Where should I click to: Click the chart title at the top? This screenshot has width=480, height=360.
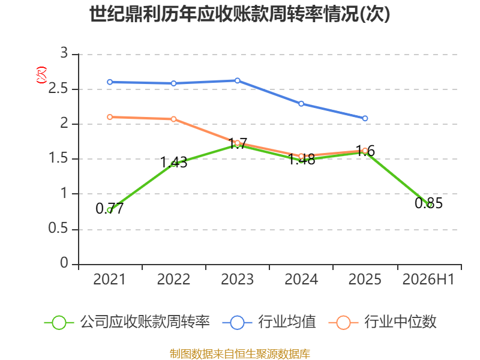239,14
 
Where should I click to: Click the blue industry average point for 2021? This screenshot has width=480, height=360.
110,82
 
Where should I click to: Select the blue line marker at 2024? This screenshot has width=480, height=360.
301,104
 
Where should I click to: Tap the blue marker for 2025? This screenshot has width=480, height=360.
365,118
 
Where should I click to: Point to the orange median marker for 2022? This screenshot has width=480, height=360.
173,119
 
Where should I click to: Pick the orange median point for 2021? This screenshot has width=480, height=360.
110,117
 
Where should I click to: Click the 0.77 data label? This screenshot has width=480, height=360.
110,209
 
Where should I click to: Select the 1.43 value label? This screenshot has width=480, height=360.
173,162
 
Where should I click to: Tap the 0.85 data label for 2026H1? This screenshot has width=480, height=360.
428,203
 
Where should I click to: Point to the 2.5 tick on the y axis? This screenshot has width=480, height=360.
58,88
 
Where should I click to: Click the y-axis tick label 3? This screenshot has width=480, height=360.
64,53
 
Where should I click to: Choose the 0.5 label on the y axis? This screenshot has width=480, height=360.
58,229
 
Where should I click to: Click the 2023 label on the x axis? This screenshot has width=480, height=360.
237,279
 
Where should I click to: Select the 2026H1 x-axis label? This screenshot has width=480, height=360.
428,279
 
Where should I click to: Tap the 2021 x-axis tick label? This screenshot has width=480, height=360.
110,279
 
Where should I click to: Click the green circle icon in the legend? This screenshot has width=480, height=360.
59,323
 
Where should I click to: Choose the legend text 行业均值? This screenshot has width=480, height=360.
287,322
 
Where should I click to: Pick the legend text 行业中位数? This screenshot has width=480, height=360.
400,322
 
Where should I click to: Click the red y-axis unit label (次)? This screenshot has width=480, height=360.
41,75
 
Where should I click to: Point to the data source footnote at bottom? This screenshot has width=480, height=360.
239,354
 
